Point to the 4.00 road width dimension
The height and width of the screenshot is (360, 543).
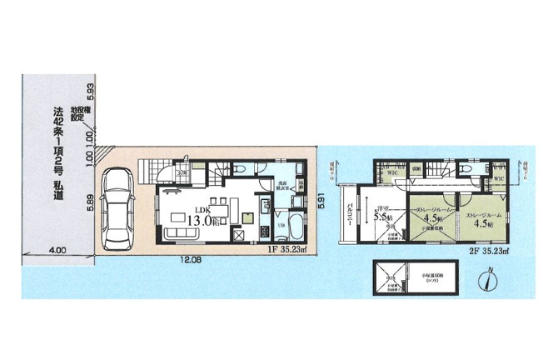click(x=56, y=249)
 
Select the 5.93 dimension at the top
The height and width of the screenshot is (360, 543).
click(x=91, y=89)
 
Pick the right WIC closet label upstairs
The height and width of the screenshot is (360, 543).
click(x=497, y=179)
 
